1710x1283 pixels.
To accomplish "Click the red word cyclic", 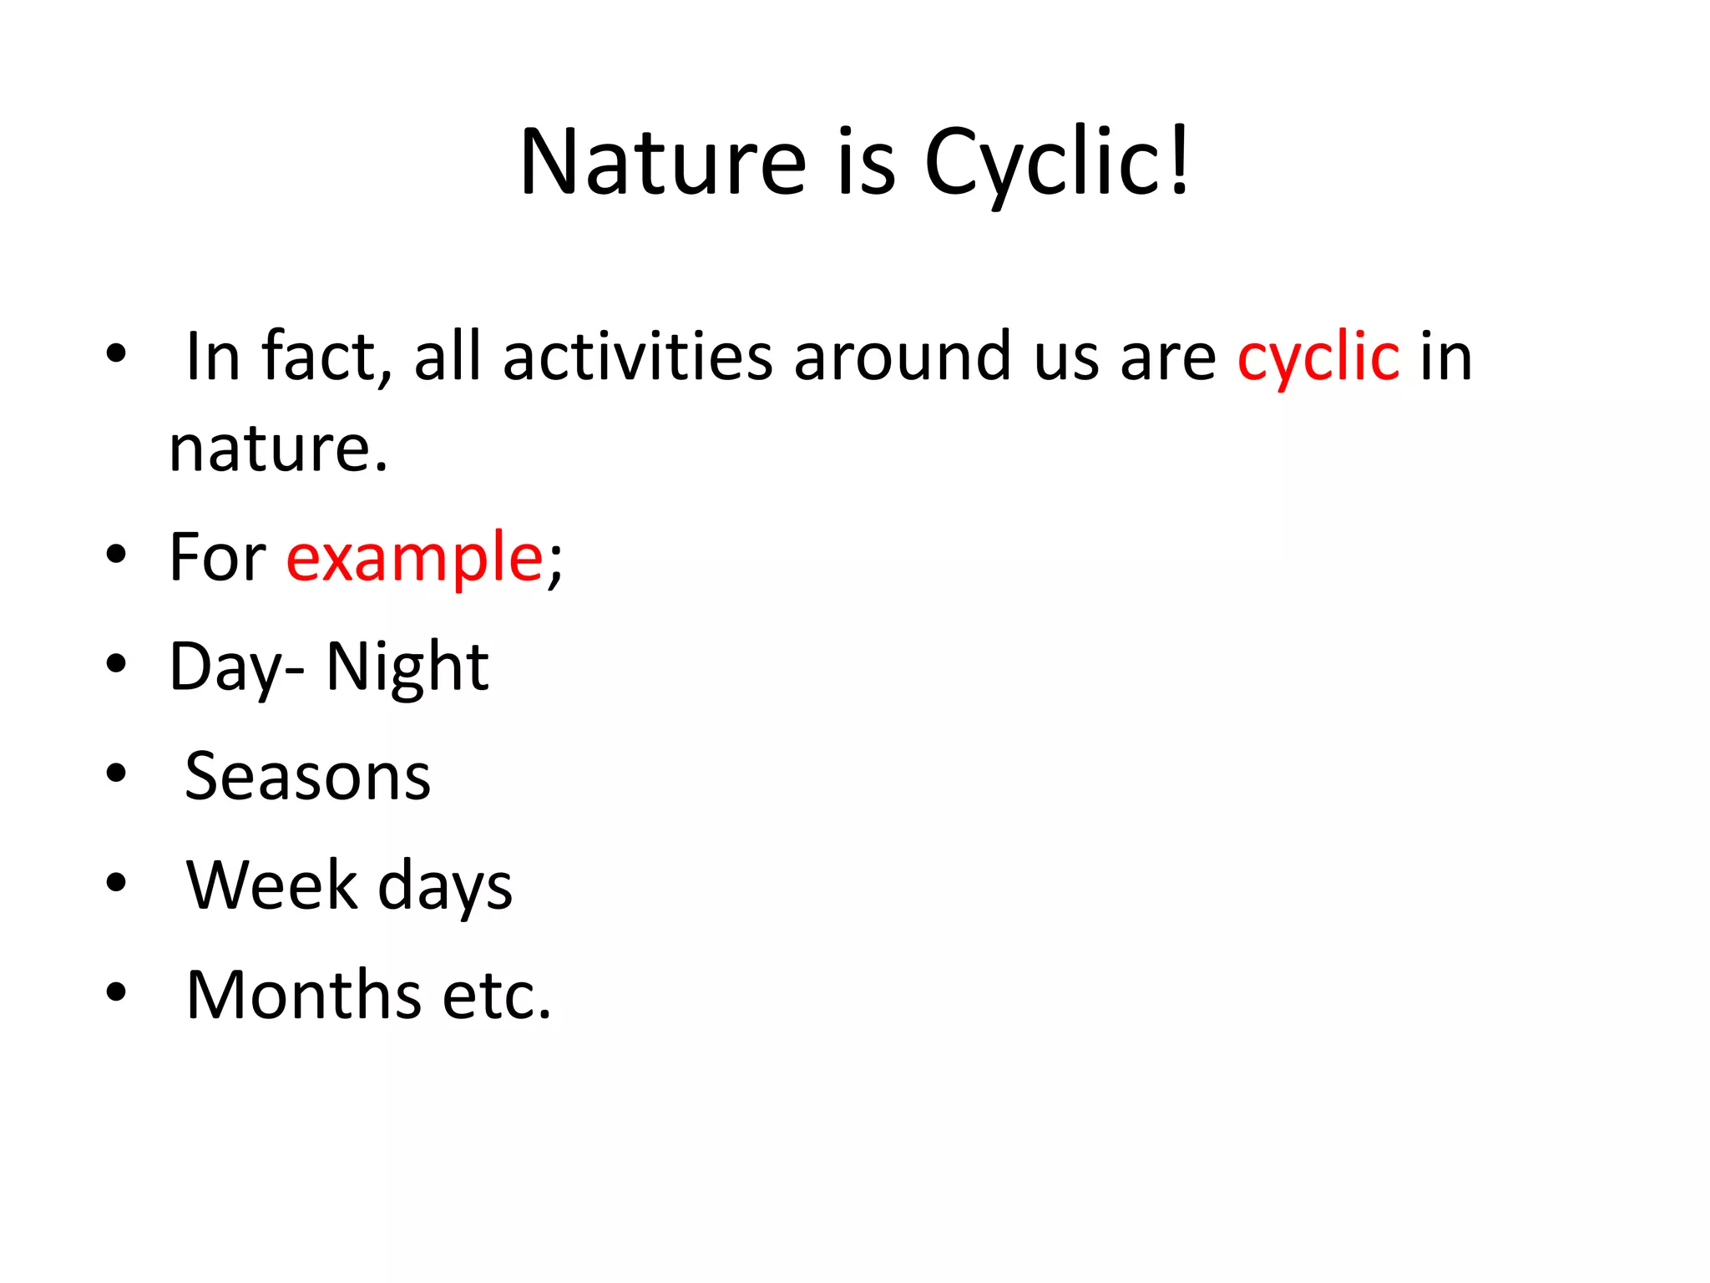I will click(1318, 358).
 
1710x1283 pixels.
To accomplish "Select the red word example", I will click(415, 558).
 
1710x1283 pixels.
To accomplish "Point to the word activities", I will click(639, 358).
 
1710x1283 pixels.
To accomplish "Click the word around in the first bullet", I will click(903, 358).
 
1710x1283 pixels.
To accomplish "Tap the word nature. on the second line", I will click(279, 449).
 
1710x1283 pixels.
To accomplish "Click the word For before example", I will click(217, 558).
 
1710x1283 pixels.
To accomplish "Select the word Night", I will click(407, 668).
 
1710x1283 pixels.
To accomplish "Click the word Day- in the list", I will click(236, 668).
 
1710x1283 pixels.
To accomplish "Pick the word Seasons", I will click(307, 777).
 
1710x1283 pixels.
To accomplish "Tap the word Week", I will click(272, 885).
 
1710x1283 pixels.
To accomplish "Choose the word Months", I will click(304, 996).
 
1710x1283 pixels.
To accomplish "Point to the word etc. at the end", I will click(497, 996).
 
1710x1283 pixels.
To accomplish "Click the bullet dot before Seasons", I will click(116, 773).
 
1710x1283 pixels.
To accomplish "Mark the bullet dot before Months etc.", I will click(116, 992).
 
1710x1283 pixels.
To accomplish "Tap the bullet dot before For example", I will click(116, 554).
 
